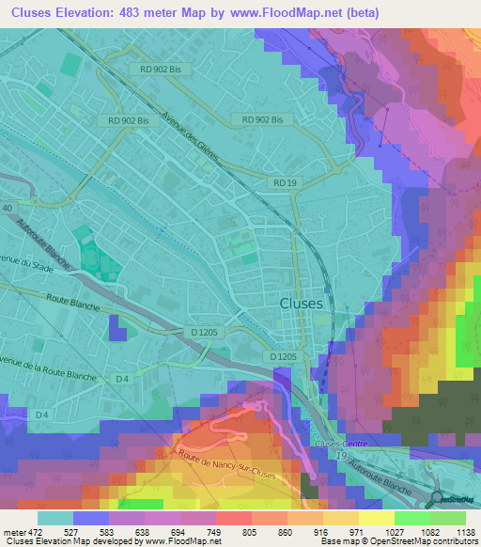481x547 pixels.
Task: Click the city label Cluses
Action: (302, 304)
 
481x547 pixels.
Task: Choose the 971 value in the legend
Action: (356, 531)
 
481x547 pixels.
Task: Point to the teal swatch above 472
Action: (54, 517)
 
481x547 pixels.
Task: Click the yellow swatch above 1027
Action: (376, 517)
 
